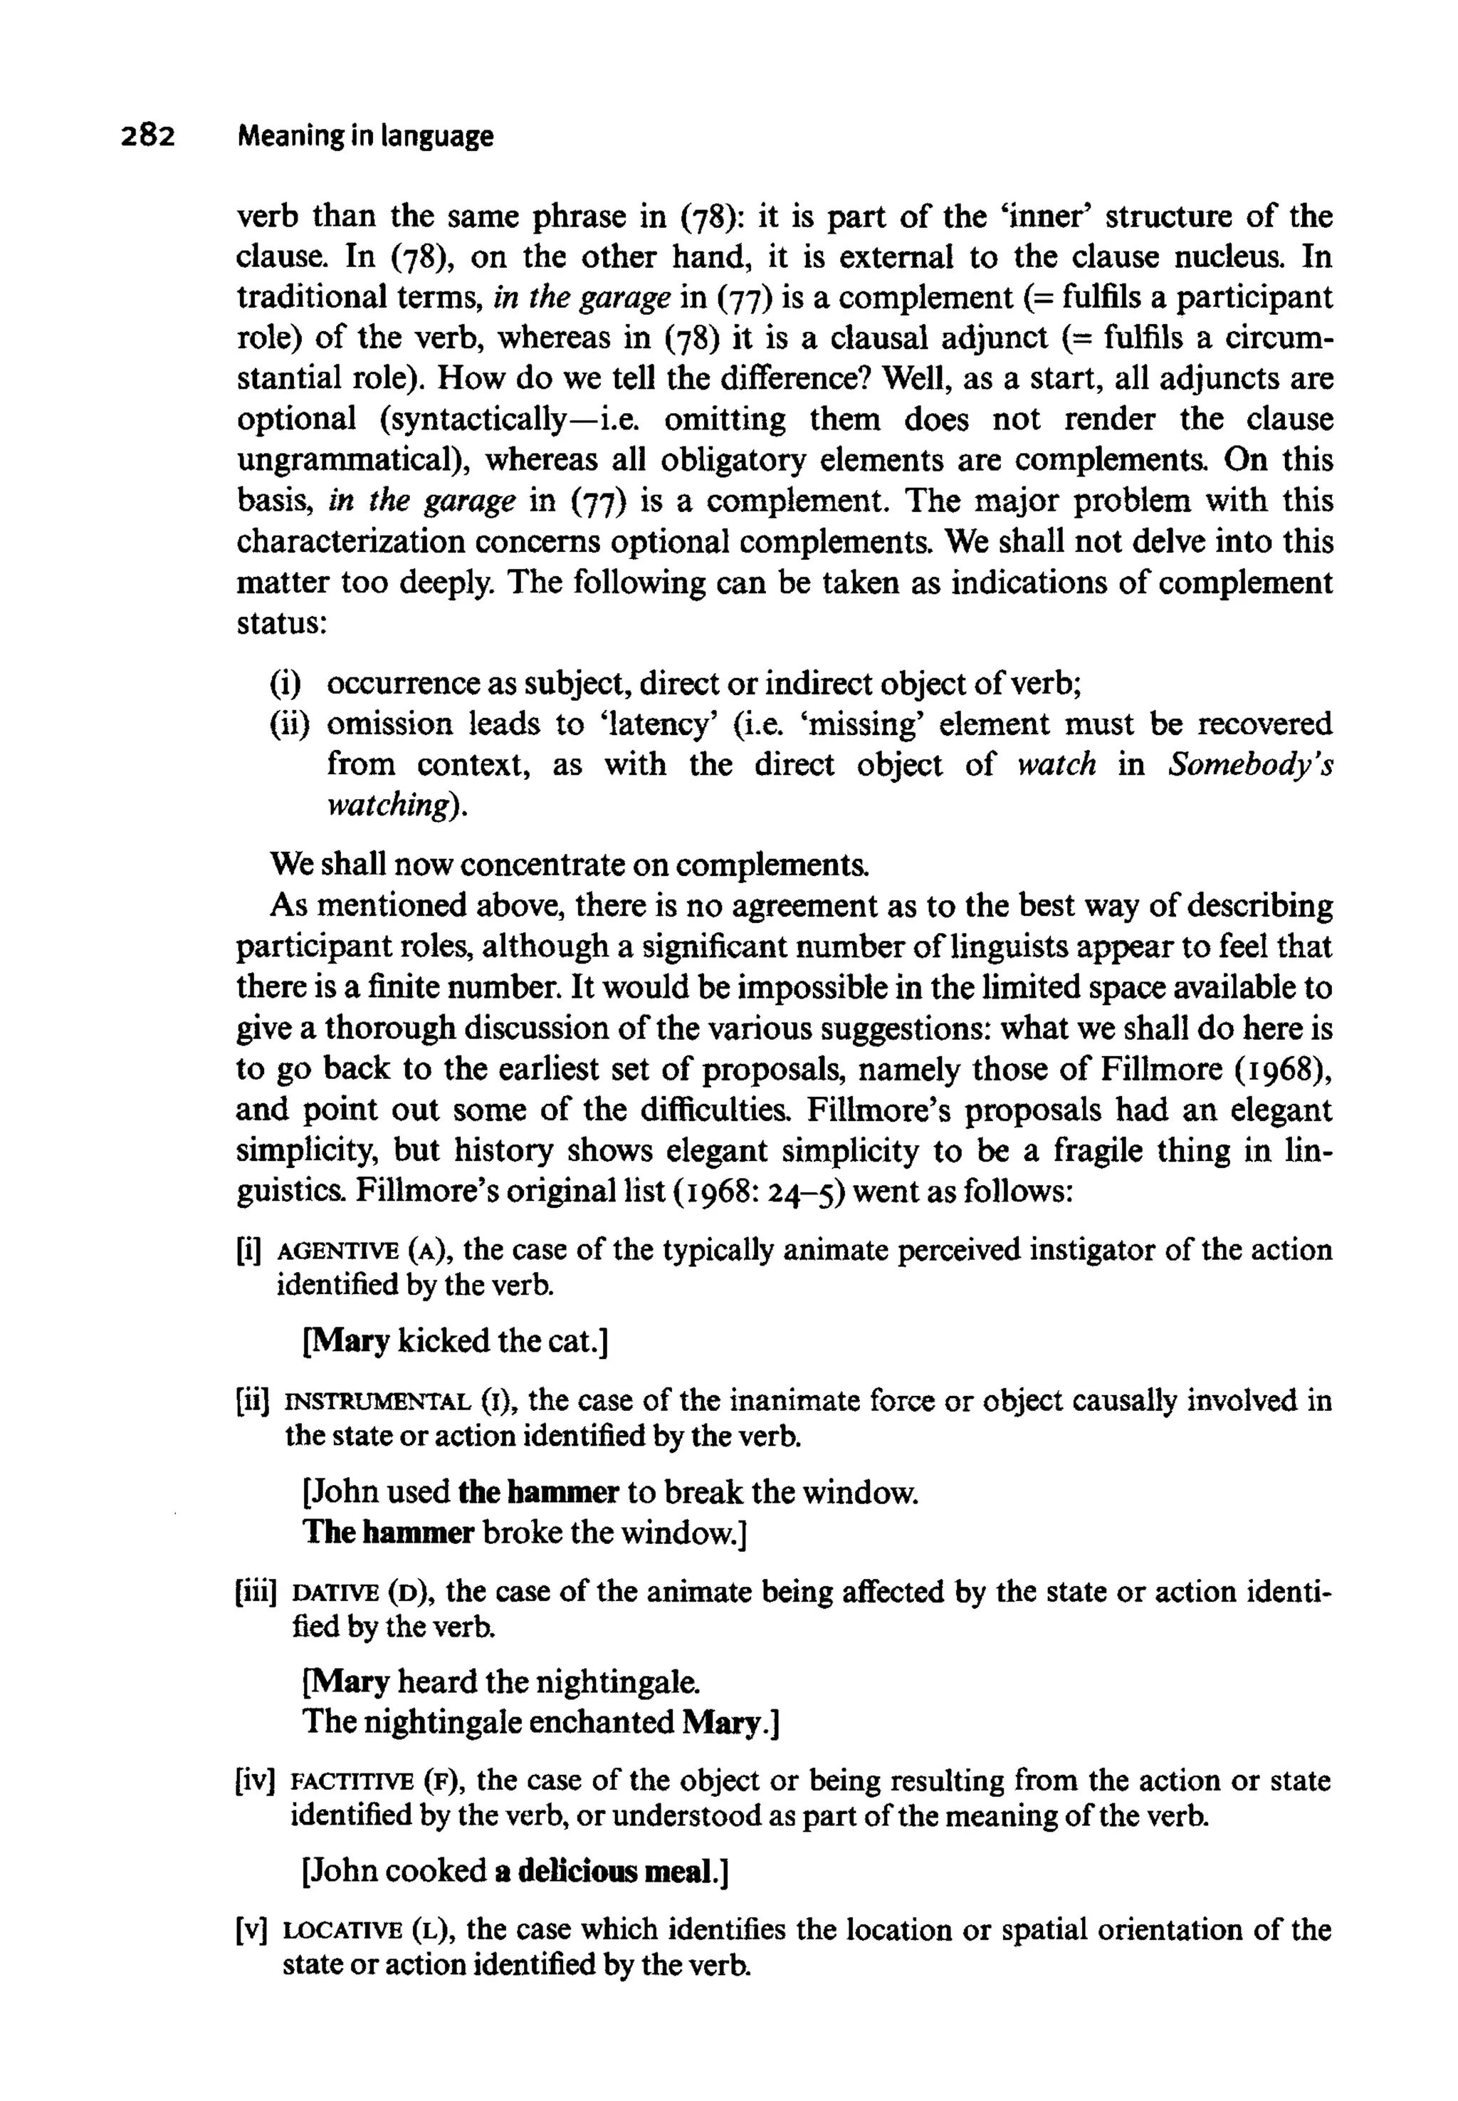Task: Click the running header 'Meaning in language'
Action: coord(364,137)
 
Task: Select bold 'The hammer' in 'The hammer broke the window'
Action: coord(388,1533)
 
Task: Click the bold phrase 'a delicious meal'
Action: coord(607,1872)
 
